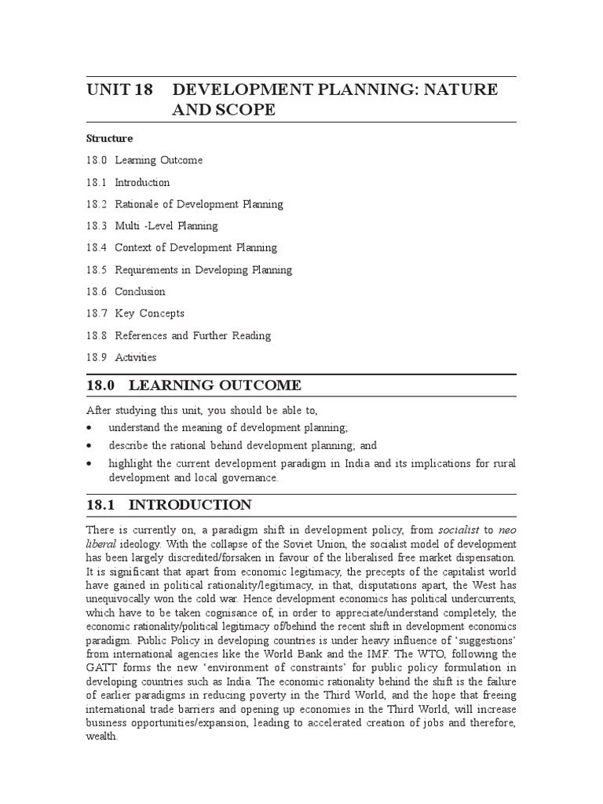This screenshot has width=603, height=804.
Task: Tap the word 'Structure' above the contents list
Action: [110, 138]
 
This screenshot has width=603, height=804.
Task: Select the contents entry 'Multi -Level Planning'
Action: [166, 226]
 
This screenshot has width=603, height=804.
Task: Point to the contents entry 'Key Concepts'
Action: [149, 313]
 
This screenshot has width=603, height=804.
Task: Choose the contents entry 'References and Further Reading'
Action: [192, 335]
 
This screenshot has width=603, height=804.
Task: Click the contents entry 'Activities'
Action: [135, 357]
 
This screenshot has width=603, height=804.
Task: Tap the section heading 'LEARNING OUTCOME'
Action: [214, 386]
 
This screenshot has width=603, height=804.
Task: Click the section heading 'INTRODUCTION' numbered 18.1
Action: [190, 505]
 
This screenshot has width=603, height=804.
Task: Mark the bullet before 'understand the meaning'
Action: [90, 429]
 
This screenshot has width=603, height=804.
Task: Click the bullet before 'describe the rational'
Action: [90, 446]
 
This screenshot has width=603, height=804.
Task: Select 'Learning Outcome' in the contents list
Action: [159, 160]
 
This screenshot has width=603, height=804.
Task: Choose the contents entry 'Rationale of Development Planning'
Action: [199, 204]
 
